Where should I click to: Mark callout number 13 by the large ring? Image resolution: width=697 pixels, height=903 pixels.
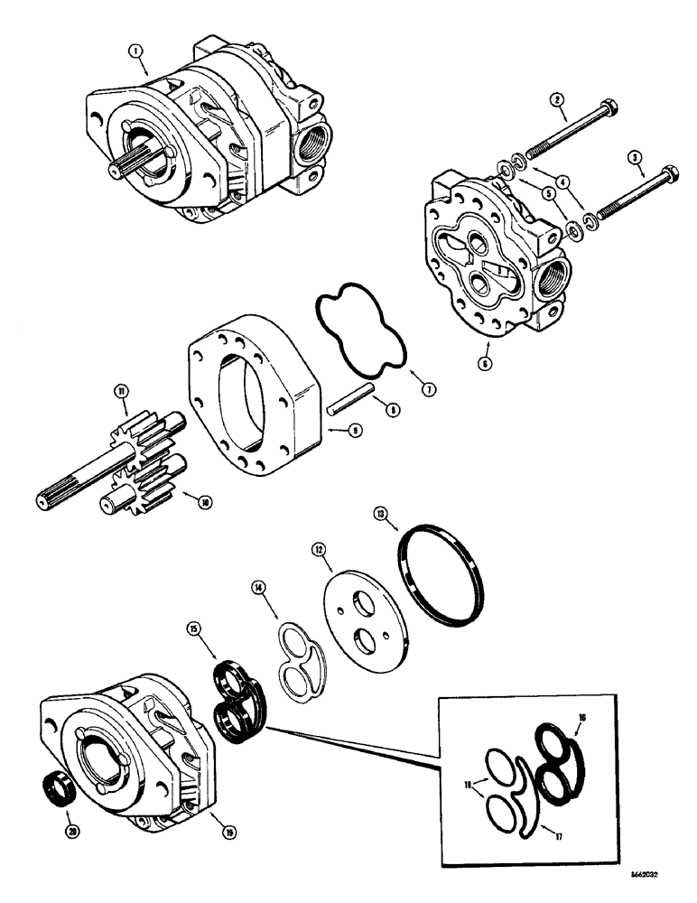[x=383, y=514]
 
